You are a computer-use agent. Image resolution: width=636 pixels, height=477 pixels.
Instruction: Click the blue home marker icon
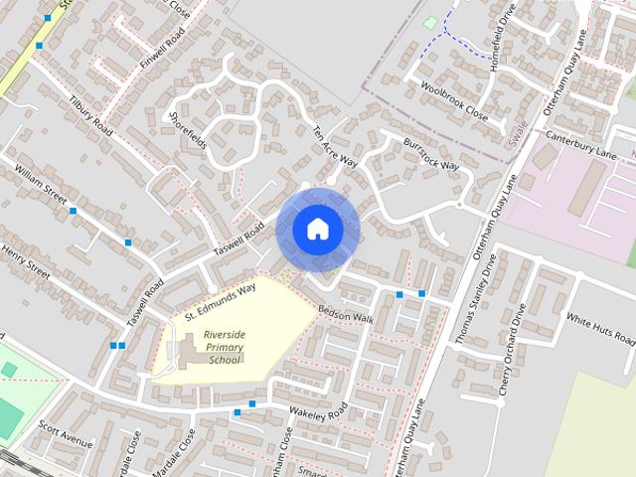pos(317,229)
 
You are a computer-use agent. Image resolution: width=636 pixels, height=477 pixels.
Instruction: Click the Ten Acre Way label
pos(334,146)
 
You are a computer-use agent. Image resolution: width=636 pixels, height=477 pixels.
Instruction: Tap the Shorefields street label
pos(188,130)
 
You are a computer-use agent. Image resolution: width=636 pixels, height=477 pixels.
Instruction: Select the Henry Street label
pos(26,258)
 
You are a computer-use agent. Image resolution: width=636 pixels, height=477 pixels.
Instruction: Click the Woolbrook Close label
pos(454,100)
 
